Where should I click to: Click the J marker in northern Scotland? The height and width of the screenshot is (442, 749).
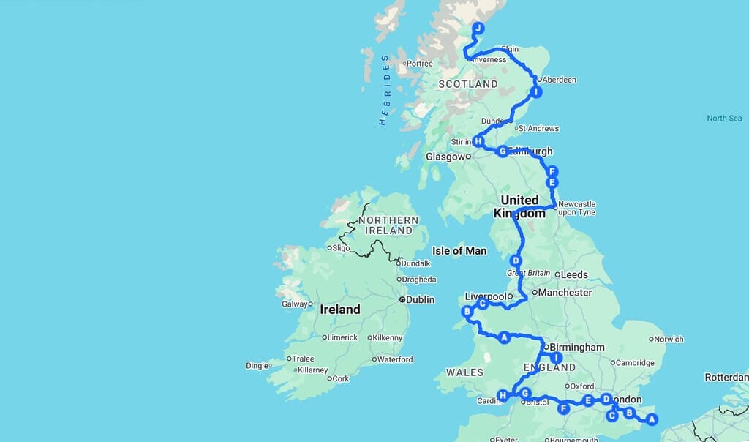click(478, 29)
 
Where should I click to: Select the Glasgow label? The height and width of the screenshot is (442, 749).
click(445, 156)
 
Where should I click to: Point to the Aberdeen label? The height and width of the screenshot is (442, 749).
click(560, 80)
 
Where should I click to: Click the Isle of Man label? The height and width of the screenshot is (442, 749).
click(459, 251)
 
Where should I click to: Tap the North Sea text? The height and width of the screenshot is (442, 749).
click(724, 119)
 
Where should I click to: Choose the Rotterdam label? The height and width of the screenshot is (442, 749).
click(726, 378)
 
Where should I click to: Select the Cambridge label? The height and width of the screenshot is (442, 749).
click(634, 363)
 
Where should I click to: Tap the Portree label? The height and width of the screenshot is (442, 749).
click(419, 64)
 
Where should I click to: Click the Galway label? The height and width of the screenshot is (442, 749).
click(295, 304)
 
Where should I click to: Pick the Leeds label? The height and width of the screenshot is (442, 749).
click(576, 275)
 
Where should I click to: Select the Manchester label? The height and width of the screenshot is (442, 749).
click(565, 292)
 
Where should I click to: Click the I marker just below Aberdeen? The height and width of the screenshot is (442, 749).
click(536, 92)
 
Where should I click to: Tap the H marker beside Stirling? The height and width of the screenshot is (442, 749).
click(478, 141)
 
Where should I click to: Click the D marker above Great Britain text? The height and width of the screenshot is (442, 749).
click(516, 261)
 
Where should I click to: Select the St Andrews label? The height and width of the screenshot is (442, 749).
click(542, 128)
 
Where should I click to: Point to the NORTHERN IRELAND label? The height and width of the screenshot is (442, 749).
click(389, 225)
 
